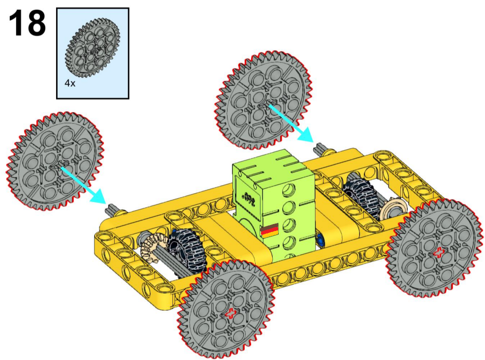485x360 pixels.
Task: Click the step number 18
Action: pyautogui.click(x=27, y=23)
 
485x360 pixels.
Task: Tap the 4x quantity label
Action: pyautogui.click(x=70, y=83)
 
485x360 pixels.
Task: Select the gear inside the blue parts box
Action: pyautogui.click(x=93, y=47)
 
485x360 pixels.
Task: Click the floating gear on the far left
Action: pyautogui.click(x=55, y=162)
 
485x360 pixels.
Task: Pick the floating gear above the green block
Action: pyautogui.click(x=263, y=100)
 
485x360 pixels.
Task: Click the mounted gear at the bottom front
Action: pyautogui.click(x=226, y=309)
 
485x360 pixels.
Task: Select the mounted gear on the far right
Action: pyautogui.click(x=435, y=249)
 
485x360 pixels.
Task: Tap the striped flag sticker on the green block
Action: pyautogui.click(x=269, y=230)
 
